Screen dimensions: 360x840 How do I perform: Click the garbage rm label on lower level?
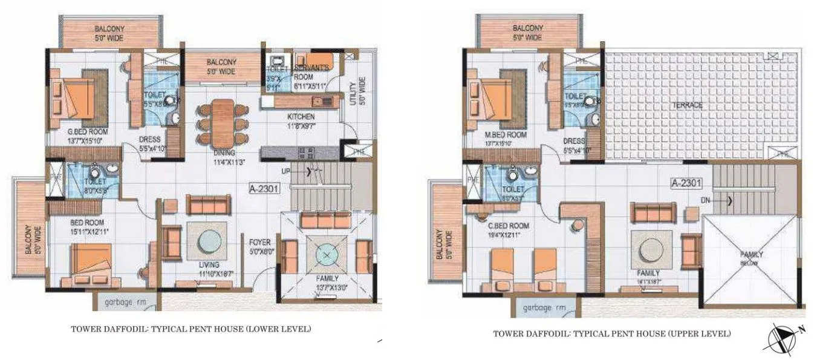124,300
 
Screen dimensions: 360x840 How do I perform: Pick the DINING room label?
224,154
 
